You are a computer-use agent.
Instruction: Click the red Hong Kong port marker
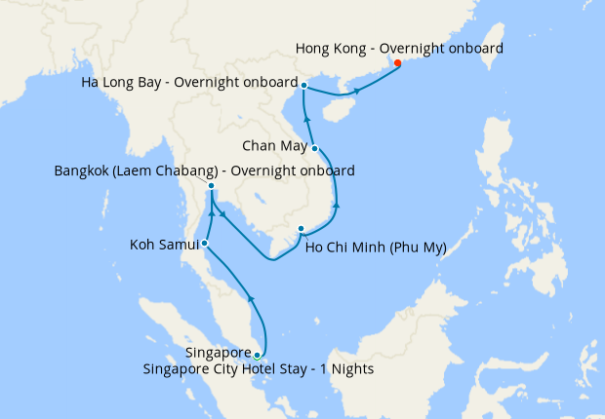[397, 64]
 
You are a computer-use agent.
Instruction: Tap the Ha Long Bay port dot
[304, 86]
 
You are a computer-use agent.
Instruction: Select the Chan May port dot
[315, 148]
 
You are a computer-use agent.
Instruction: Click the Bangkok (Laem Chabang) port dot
[212, 185]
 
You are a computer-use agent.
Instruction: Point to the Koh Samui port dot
[204, 243]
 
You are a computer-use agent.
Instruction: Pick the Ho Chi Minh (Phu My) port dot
[301, 229]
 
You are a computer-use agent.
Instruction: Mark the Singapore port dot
[257, 355]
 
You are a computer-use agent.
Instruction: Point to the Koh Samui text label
[162, 244]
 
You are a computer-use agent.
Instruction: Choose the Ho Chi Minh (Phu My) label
[376, 248]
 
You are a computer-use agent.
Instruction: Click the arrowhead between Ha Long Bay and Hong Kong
[357, 91]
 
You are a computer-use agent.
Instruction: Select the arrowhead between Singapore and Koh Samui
[251, 299]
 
